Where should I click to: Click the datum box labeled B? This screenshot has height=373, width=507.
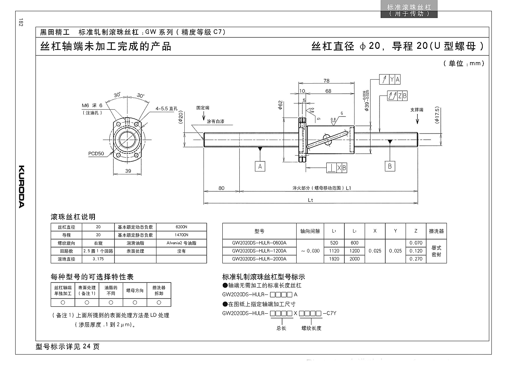[x=390, y=166]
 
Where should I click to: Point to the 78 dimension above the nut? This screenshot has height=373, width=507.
[x=326, y=81]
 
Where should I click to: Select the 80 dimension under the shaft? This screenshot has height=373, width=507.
[x=221, y=188]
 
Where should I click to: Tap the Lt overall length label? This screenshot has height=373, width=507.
[x=310, y=200]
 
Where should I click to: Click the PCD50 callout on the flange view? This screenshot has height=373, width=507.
[x=96, y=153]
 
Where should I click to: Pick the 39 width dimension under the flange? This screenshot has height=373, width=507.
[x=128, y=171]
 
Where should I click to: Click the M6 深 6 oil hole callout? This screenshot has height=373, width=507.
[x=92, y=105]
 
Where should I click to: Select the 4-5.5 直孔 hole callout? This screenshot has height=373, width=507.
[x=166, y=109]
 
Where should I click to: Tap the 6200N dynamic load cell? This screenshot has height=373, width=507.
[x=181, y=227]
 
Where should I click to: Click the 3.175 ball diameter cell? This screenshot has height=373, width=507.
[x=98, y=259]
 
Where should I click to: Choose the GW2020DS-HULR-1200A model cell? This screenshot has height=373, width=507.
[x=259, y=251]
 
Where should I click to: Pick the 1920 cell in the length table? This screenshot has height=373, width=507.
[x=334, y=259]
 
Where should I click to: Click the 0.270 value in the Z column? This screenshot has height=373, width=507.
[x=416, y=259]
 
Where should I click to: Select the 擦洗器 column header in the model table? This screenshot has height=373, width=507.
[x=436, y=231]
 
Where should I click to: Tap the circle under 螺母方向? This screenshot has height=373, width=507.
[x=135, y=302]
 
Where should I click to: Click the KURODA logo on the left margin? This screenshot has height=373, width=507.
[x=21, y=187]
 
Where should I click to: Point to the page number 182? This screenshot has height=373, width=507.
[x=21, y=22]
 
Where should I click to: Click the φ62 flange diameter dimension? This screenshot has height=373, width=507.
[x=280, y=105]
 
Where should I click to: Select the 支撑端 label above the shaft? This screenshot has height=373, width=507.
[x=417, y=110]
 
